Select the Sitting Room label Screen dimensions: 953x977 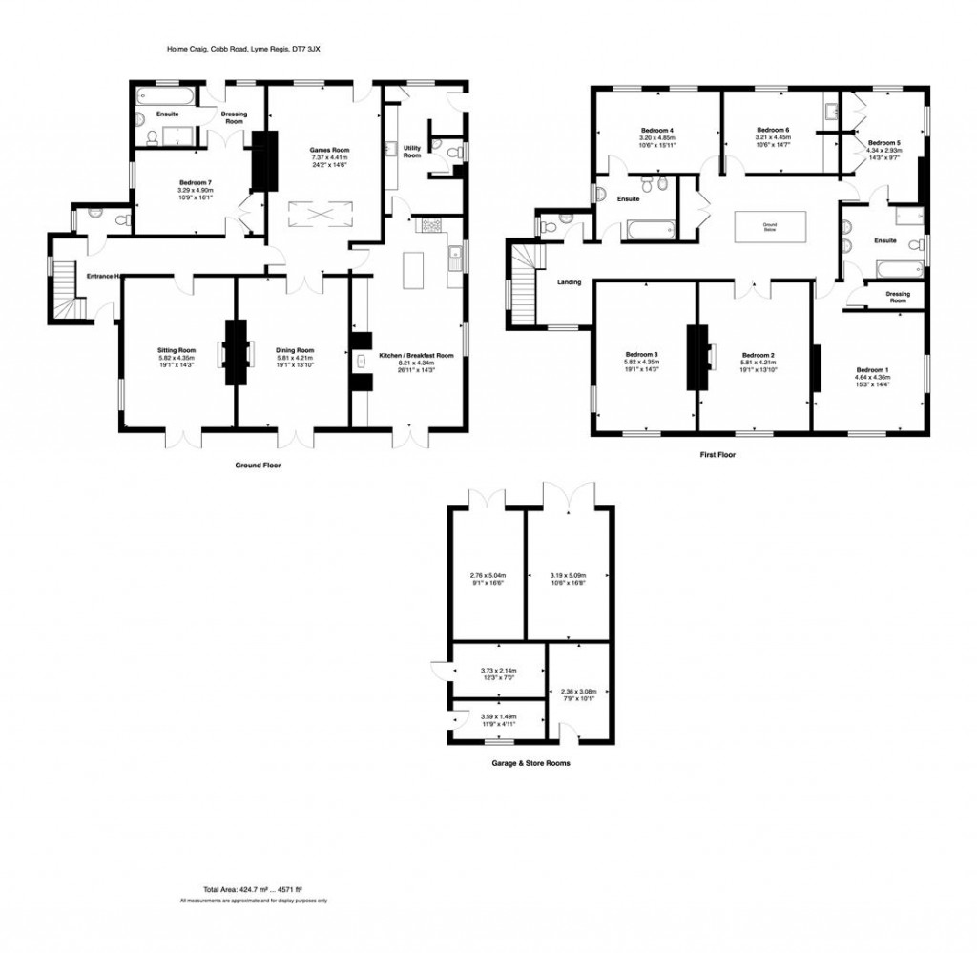pos(177,350)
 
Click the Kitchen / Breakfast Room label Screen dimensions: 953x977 pos(416,355)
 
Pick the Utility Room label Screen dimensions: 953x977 pos(412,151)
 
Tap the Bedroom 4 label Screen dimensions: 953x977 pos(657,130)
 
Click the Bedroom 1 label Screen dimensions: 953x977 pos(872,370)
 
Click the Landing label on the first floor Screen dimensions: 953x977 pos(570,282)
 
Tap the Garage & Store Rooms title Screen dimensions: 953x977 pos(531,763)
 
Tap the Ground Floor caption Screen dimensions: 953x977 pos(258,466)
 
